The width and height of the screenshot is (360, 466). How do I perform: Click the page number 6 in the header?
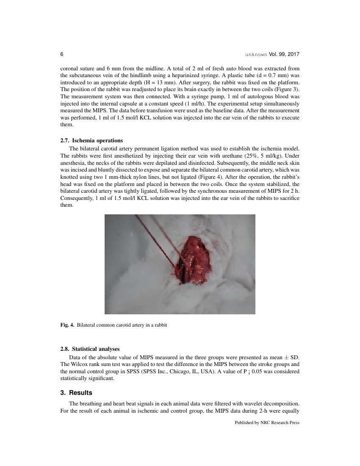[62, 55]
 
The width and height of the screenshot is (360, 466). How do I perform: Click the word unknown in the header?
[256, 55]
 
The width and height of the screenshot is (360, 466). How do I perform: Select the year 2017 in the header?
[293, 55]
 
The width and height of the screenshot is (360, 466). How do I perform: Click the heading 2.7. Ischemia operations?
[91, 140]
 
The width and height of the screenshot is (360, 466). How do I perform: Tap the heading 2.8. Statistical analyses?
[90, 349]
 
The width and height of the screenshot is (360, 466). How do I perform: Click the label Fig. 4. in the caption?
[67, 325]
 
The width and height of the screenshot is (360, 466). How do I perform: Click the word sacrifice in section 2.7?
[288, 199]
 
